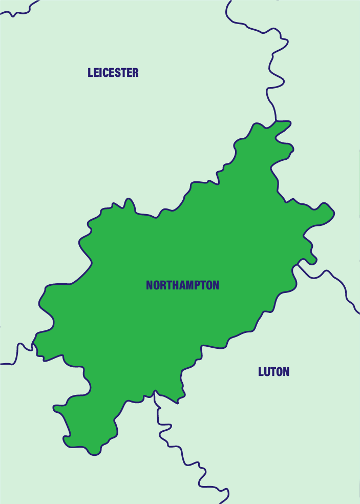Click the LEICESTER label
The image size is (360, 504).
(113, 73)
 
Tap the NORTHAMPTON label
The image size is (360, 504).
(182, 285)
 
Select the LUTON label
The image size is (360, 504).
(273, 372)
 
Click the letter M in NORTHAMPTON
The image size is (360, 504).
(189, 285)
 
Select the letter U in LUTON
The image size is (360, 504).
(267, 372)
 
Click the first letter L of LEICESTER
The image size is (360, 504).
(91, 73)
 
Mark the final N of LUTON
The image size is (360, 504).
(286, 372)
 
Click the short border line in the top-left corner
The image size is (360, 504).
(20, 10)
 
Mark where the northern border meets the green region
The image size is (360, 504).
(277, 121)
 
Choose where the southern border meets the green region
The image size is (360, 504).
(154, 393)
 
